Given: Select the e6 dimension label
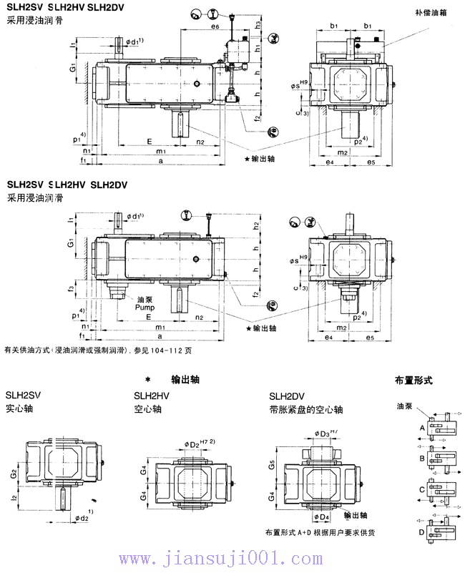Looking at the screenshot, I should click(x=215, y=26).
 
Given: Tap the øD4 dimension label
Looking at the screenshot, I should click(x=321, y=516).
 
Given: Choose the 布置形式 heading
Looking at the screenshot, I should click(x=413, y=381).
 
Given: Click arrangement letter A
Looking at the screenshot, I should click(x=422, y=427).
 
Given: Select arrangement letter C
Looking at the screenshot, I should click(x=422, y=490).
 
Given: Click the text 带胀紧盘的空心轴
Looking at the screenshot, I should click(x=305, y=410).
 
